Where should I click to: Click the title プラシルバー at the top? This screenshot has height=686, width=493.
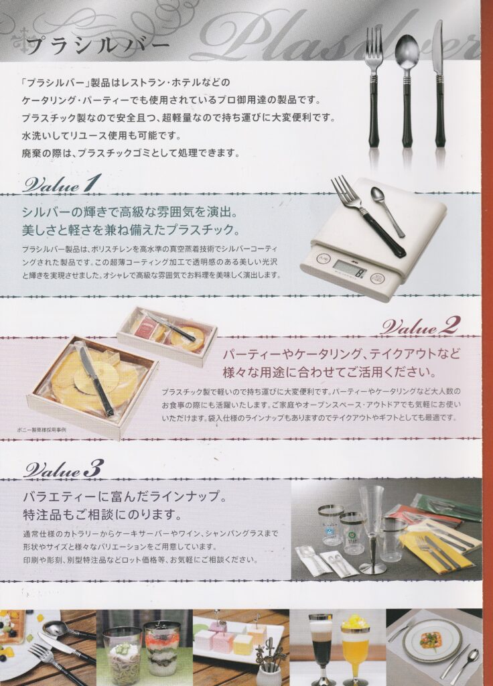click(97, 45)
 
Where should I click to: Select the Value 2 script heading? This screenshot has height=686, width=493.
click(420, 326)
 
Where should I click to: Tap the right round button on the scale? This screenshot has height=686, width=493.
click(378, 279)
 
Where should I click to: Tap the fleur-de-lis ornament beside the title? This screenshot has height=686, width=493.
click(19, 42)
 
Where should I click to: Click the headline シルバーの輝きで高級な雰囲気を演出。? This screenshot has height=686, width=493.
click(130, 213)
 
